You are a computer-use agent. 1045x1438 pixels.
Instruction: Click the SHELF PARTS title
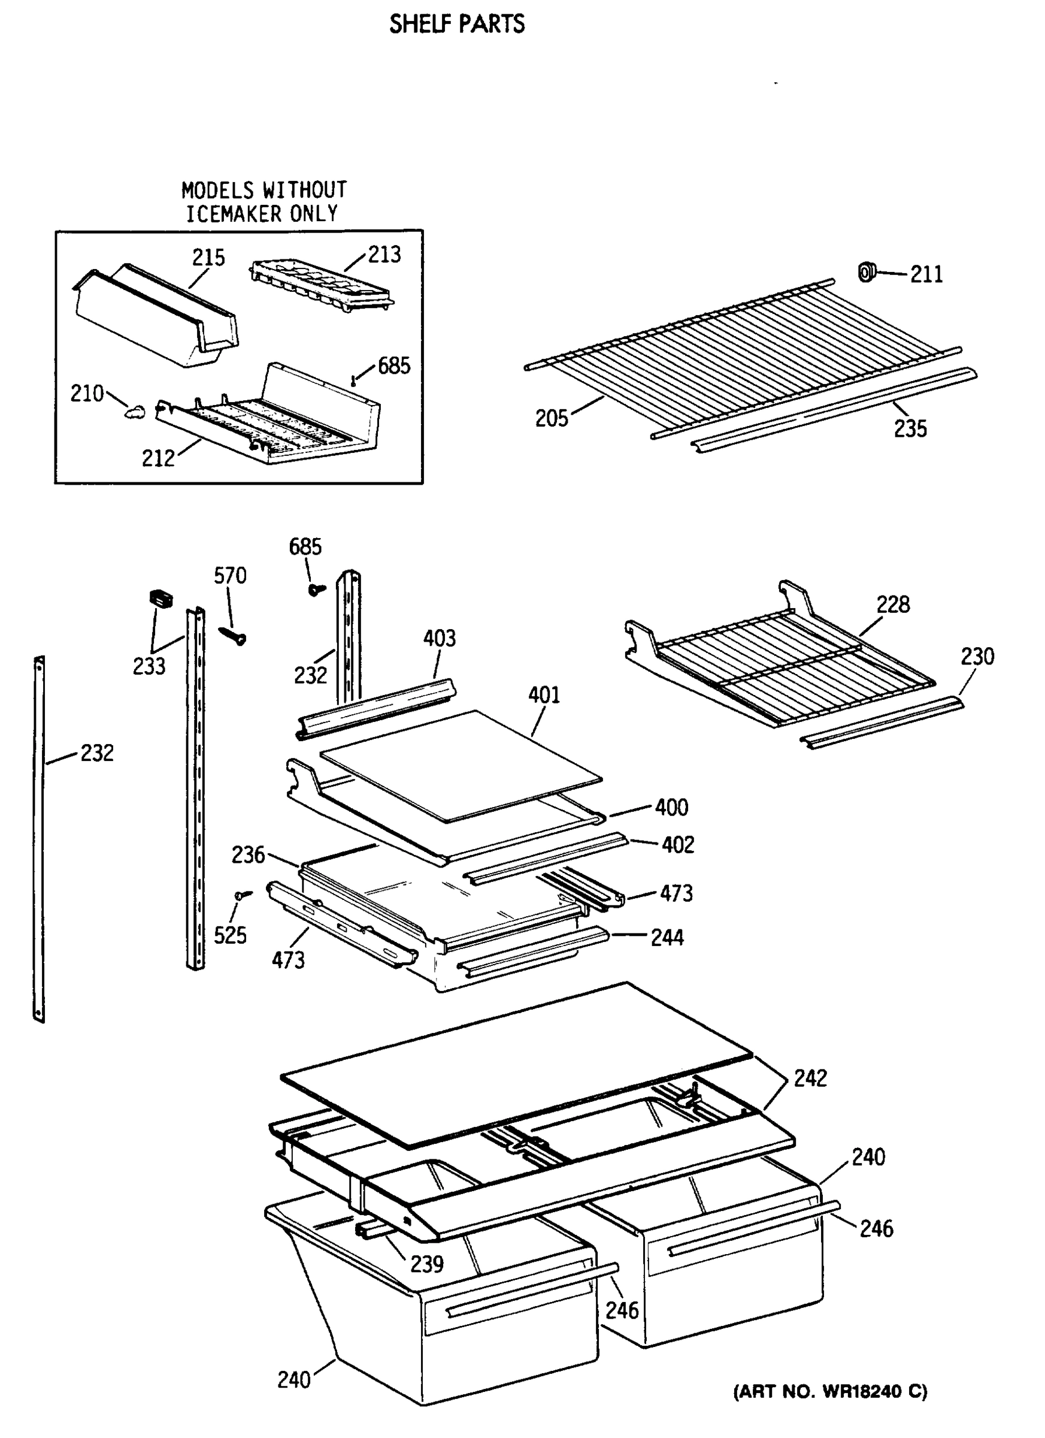[456, 24]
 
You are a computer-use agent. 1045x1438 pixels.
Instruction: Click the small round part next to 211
[866, 273]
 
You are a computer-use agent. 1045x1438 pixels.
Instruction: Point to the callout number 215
[208, 258]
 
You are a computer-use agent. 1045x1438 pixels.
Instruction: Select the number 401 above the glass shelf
[544, 696]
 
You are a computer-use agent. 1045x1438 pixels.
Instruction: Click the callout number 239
[426, 1264]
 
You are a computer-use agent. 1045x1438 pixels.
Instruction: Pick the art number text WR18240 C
[830, 1392]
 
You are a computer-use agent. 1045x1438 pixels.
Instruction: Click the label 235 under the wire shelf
[910, 429]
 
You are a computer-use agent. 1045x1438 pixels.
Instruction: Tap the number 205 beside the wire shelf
[552, 419]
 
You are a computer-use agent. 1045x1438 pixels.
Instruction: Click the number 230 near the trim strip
[977, 656]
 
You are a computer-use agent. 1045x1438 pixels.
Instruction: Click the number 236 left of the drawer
[248, 856]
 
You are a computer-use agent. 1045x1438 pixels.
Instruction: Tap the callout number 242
[810, 1078]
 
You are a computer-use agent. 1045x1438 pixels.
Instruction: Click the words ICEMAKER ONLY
[262, 215]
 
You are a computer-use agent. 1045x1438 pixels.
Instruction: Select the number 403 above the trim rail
[439, 638]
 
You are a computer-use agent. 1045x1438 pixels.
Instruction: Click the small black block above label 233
[161, 597]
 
